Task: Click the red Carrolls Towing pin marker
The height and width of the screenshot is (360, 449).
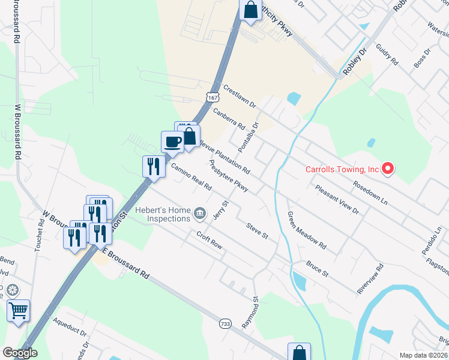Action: click(387, 169)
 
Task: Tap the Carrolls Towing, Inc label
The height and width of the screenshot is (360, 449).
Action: click(342, 169)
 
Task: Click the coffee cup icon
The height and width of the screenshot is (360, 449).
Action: click(173, 142)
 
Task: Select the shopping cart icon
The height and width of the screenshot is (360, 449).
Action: click(18, 310)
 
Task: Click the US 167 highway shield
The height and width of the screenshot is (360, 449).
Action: click(210, 96)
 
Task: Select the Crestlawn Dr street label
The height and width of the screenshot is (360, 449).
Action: click(240, 96)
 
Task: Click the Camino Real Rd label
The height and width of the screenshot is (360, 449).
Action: click(191, 177)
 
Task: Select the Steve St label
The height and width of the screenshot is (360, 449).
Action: click(256, 230)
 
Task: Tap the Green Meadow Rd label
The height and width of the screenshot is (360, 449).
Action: click(306, 231)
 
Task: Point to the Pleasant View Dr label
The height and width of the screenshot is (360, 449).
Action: click(337, 200)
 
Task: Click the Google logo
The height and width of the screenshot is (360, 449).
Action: click(19, 353)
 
